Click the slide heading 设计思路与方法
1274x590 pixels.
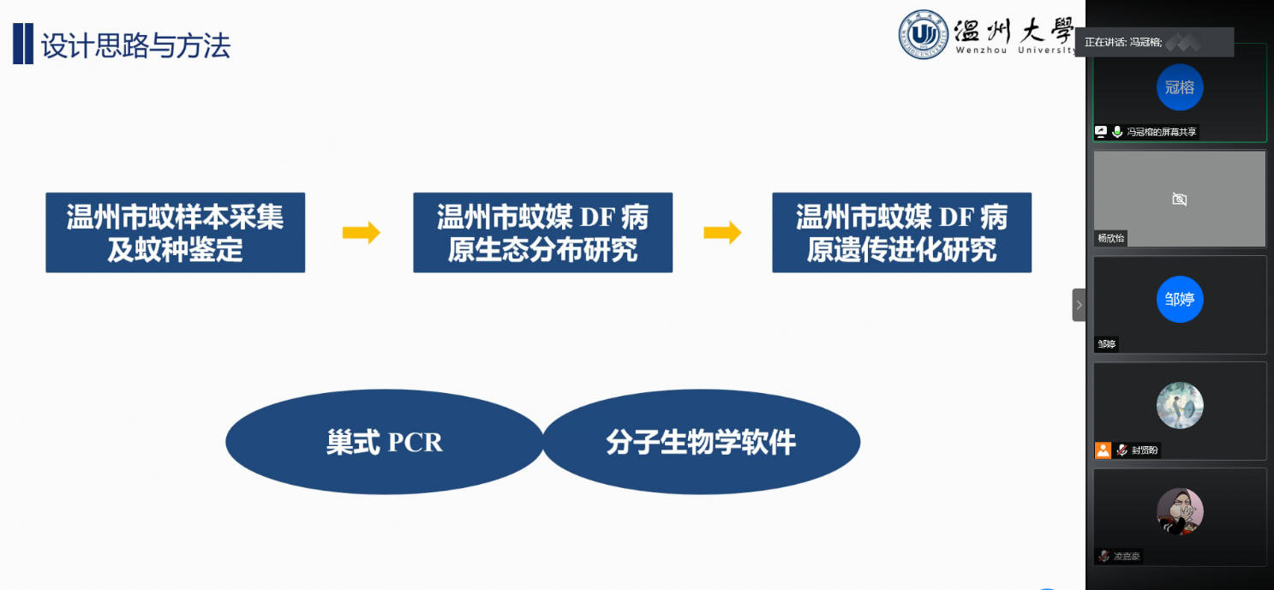(135, 46)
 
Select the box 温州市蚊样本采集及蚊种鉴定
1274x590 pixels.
(175, 233)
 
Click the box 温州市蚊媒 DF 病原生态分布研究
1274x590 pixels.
(542, 233)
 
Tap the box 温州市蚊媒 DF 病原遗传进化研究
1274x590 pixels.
(901, 233)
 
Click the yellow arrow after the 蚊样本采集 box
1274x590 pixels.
(361, 233)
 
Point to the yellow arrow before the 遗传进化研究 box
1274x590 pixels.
(722, 233)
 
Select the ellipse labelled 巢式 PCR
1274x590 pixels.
(384, 442)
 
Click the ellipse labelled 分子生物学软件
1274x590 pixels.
(701, 442)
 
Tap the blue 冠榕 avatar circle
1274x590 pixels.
(1180, 87)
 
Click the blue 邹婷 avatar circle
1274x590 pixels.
(1180, 299)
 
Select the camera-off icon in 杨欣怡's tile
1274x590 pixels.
(1180, 200)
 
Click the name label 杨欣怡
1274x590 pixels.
(1111, 238)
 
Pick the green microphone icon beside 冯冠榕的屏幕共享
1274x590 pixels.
(1117, 132)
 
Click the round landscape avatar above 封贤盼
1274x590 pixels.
(1180, 405)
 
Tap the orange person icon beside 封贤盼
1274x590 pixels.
(1103, 450)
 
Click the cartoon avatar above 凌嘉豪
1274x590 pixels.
(1180, 511)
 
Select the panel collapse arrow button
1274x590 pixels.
(1079, 305)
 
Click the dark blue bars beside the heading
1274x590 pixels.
(23, 45)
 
